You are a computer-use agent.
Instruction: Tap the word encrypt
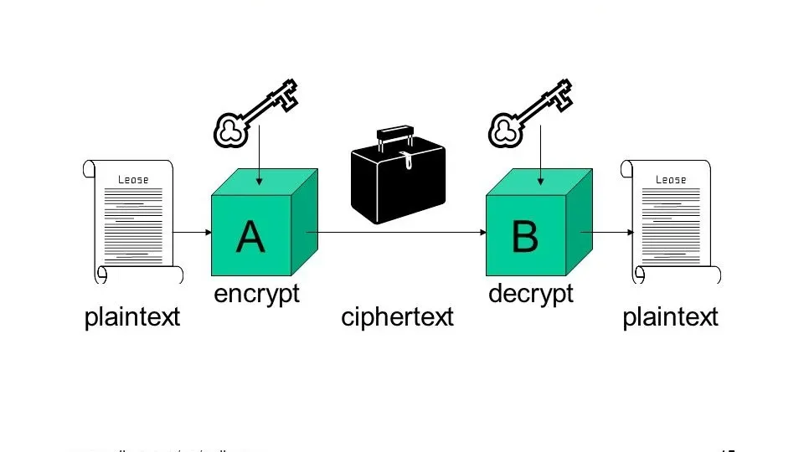(x=256, y=295)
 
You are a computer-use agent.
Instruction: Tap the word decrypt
(x=530, y=295)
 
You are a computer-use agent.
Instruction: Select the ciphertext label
(x=397, y=317)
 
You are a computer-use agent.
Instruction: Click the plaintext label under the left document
(x=132, y=317)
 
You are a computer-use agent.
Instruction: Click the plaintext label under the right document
(x=670, y=317)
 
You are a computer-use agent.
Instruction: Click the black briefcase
(x=398, y=181)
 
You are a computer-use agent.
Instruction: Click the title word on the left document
(x=132, y=179)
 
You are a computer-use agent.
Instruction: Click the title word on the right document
(x=670, y=179)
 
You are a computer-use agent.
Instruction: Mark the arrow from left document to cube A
(x=193, y=232)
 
